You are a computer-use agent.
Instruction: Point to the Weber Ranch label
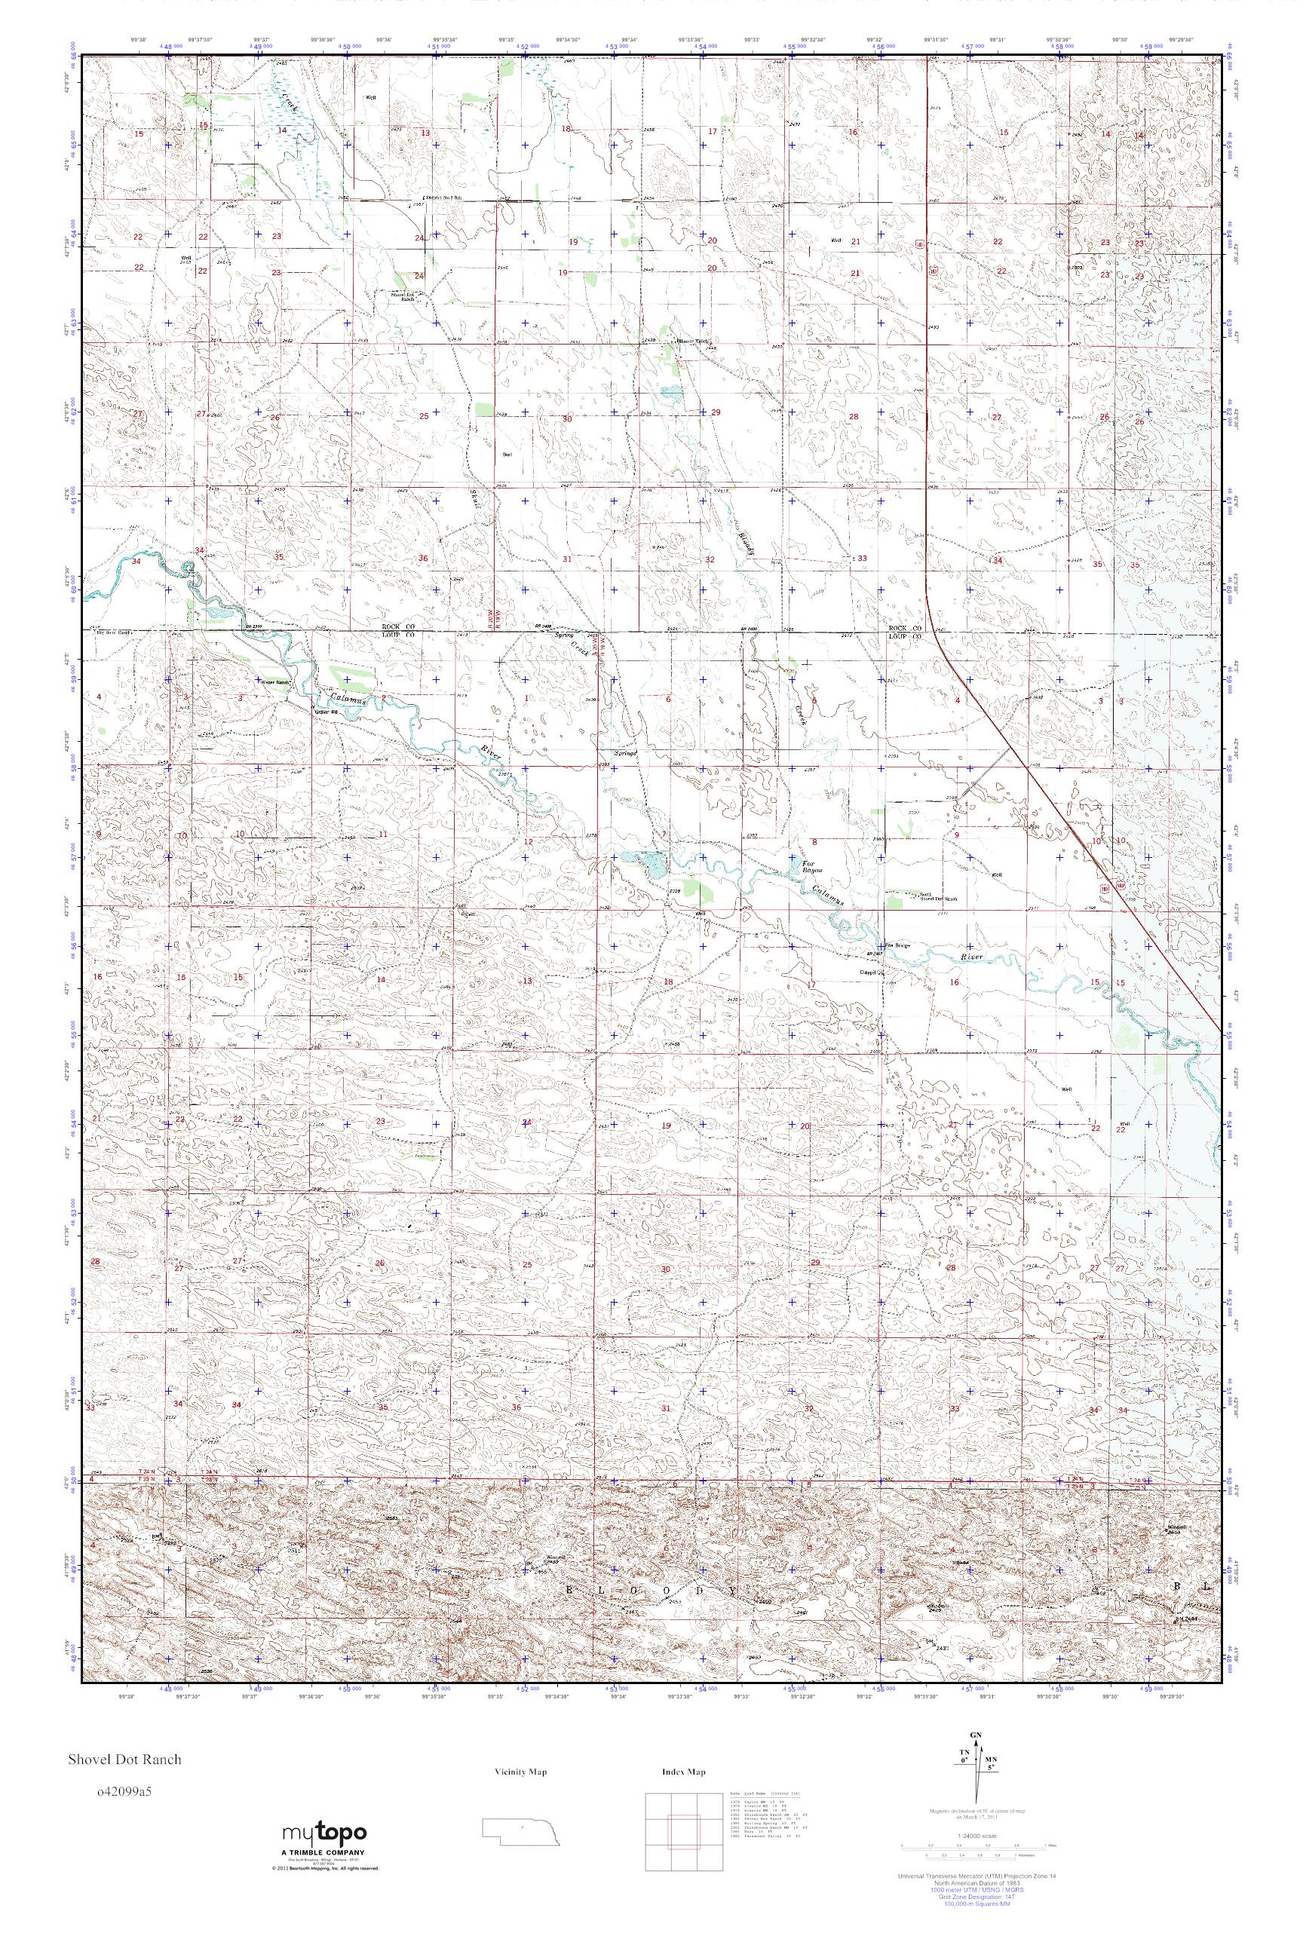click(275, 683)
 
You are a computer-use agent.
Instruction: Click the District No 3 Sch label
click(443, 198)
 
